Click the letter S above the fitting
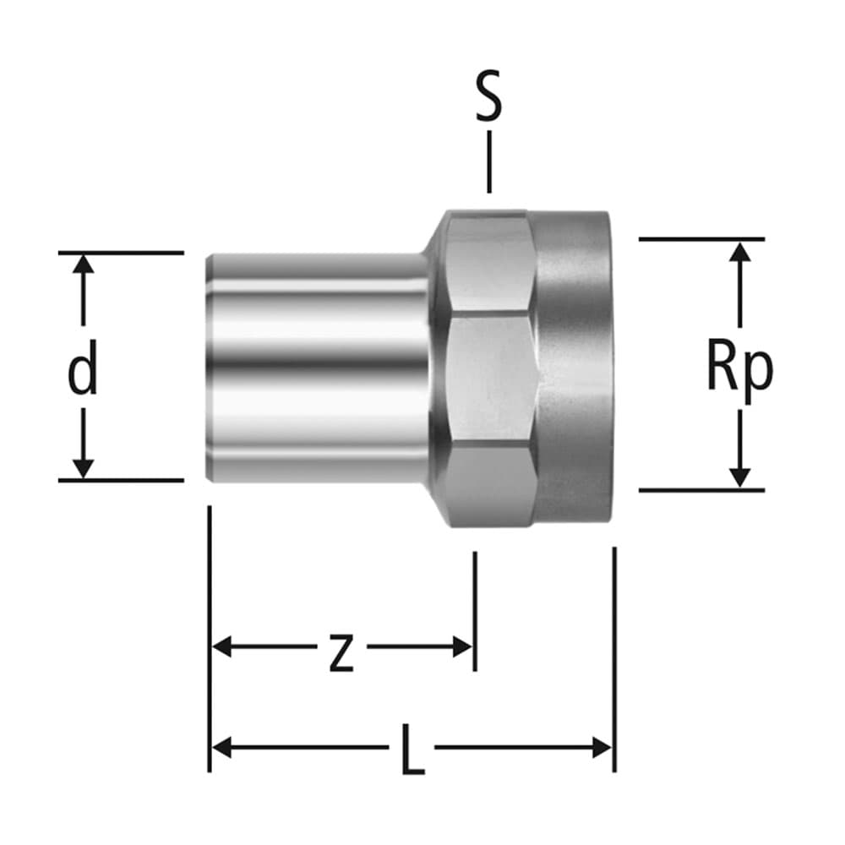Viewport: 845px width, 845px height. pyautogui.click(x=488, y=98)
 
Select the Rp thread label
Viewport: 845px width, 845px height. pyautogui.click(x=739, y=369)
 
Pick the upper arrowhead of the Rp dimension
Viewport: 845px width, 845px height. pyautogui.click(x=739, y=251)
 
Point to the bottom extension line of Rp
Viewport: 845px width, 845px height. pyautogui.click(x=701, y=490)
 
